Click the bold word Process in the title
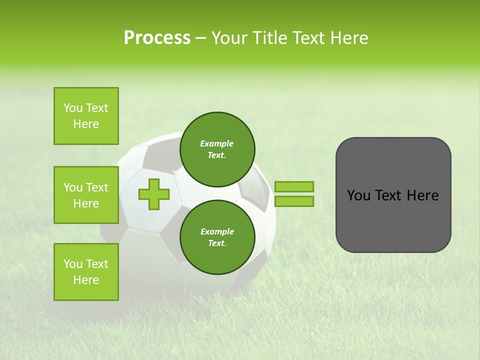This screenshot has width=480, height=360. [157, 38]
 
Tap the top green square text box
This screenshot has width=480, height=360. [86, 116]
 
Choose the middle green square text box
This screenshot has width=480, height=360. [86, 195]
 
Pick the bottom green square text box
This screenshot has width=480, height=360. [86, 272]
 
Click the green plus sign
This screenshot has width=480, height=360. [154, 194]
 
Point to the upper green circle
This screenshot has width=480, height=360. [217, 149]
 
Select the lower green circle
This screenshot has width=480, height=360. [217, 237]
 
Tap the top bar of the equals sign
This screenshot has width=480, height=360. [294, 186]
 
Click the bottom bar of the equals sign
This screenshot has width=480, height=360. [294, 201]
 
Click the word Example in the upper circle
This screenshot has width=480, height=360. [217, 143]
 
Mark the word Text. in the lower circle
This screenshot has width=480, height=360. [217, 243]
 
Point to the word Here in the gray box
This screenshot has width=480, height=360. [422, 195]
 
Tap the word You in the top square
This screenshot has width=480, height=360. [73, 108]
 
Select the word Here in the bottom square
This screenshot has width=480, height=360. [86, 280]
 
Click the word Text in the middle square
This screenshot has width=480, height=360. [97, 187]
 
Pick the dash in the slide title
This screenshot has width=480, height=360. [201, 38]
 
